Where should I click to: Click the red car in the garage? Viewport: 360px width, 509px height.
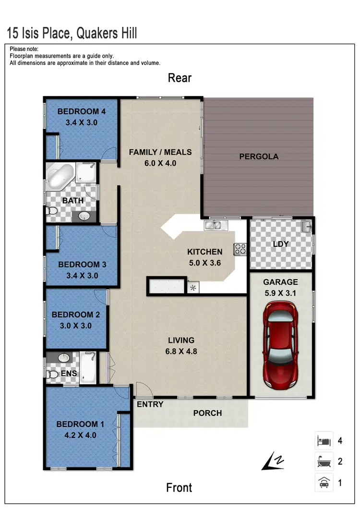click(x=281, y=345)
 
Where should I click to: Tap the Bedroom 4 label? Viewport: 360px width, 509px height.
click(x=81, y=112)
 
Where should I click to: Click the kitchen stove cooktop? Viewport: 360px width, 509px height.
click(x=240, y=249)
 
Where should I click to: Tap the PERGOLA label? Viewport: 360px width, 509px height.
click(x=259, y=157)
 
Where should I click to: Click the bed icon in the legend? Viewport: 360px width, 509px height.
click(x=324, y=440)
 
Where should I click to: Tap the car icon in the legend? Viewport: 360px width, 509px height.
click(x=324, y=483)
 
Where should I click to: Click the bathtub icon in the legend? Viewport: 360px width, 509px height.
click(x=324, y=462)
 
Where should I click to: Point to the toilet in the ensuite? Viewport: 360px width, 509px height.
click(x=52, y=374)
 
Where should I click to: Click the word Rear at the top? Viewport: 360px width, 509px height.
click(x=180, y=78)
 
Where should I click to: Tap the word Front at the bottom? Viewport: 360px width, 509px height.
click(x=179, y=488)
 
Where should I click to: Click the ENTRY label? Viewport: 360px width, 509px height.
click(x=150, y=404)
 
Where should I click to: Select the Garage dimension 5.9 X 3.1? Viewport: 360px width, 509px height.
click(x=280, y=292)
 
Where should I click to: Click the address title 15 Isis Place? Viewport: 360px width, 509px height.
click(x=72, y=33)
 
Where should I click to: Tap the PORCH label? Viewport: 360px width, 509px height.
click(x=207, y=413)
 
